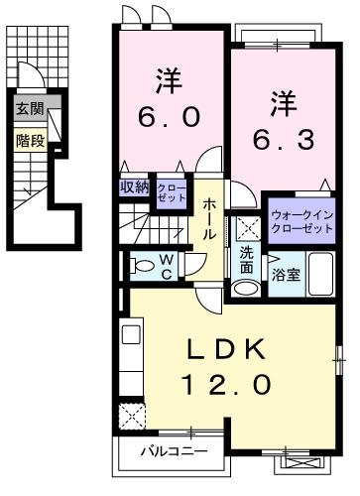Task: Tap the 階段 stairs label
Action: [29, 140]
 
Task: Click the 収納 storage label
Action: [135, 186]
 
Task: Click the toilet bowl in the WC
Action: [136, 265]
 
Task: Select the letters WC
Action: [170, 265]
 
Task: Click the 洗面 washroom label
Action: [246, 260]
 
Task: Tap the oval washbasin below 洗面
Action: [246, 289]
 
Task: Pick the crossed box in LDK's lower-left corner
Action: [131, 415]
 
